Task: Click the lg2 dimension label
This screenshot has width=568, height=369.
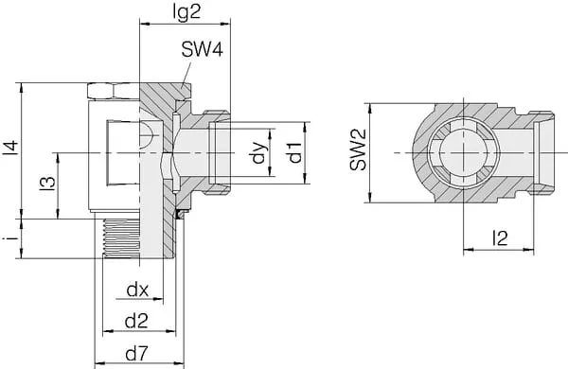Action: click(186, 13)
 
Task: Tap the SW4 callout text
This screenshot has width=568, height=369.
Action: click(203, 49)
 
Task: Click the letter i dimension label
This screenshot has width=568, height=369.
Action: click(10, 238)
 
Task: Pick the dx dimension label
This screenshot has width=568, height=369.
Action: click(137, 290)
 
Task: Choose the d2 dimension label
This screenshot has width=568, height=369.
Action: click(136, 321)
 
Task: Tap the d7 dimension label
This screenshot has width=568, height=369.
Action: click(136, 354)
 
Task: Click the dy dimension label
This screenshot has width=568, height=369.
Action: click(259, 152)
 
